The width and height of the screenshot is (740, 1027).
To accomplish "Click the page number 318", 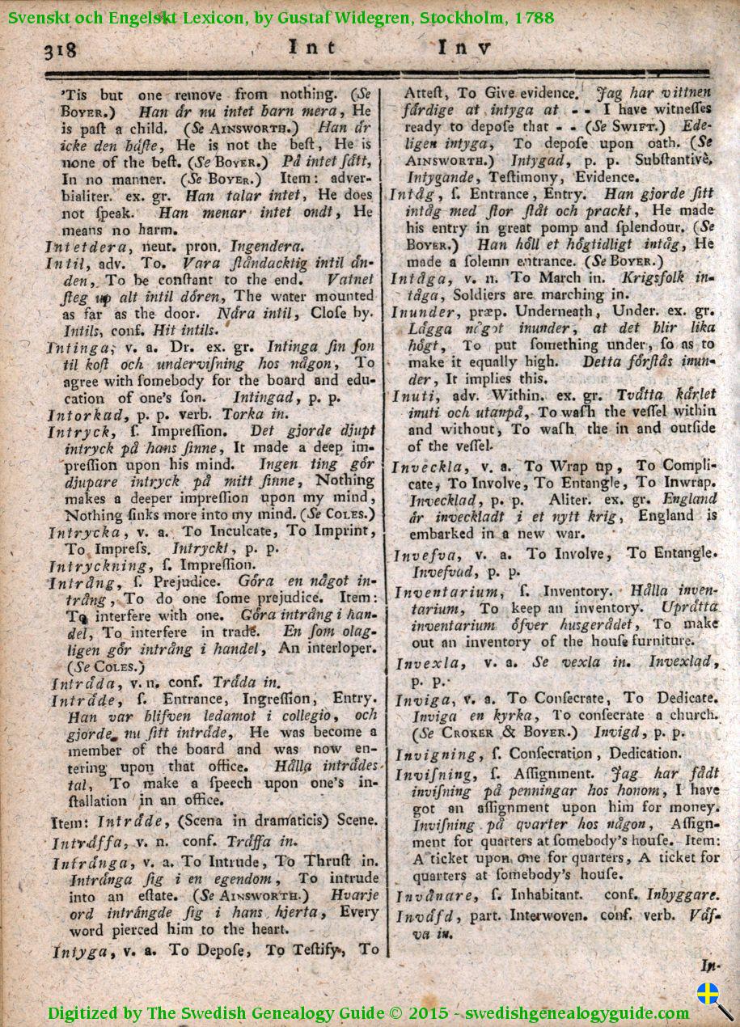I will (x=60, y=50).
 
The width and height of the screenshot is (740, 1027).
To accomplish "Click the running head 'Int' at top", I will (x=312, y=48).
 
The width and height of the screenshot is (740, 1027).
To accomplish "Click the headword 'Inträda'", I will (x=82, y=682).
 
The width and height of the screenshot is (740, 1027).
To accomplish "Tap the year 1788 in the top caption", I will (x=533, y=16).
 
